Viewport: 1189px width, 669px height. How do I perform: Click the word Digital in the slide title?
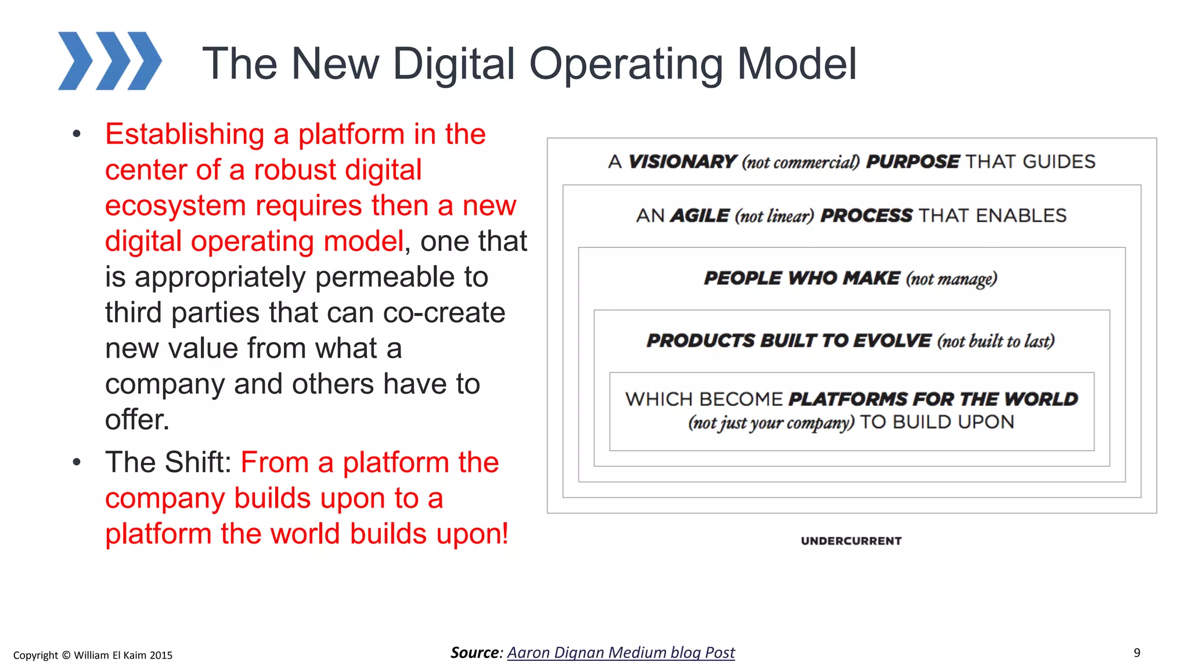click(x=453, y=64)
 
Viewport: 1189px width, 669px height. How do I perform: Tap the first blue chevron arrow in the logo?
click(x=75, y=61)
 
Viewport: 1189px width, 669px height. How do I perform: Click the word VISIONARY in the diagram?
click(x=682, y=161)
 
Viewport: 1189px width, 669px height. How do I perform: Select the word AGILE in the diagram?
click(x=700, y=216)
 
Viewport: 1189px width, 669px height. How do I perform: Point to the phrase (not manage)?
click(x=952, y=279)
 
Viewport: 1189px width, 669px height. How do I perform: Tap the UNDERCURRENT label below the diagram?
click(x=851, y=541)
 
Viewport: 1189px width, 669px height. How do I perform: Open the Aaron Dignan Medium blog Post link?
click(x=621, y=653)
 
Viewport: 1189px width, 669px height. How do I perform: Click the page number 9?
click(x=1137, y=653)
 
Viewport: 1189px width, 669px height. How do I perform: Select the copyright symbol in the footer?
click(x=66, y=655)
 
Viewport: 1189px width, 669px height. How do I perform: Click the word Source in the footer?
click(x=474, y=653)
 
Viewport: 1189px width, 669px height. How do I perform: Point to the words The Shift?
click(x=168, y=463)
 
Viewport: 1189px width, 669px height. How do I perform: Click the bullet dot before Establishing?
click(x=77, y=135)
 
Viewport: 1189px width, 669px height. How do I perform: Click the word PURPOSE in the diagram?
click(x=912, y=161)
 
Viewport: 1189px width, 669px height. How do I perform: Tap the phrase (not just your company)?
click(x=771, y=423)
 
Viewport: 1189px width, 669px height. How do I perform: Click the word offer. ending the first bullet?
click(x=137, y=420)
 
